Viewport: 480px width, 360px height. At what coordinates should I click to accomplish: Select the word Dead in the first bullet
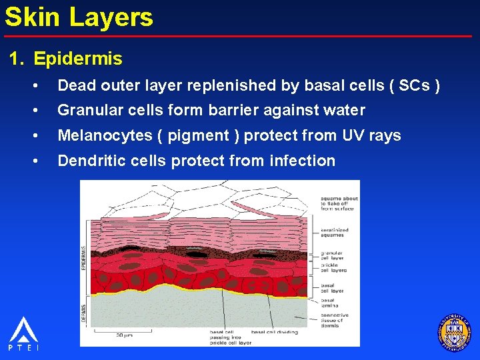click(x=78, y=85)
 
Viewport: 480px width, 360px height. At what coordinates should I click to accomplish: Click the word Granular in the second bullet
click(x=88, y=110)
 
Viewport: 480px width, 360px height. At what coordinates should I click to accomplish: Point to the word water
click(x=341, y=110)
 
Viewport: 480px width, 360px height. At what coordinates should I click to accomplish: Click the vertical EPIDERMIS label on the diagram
click(x=84, y=257)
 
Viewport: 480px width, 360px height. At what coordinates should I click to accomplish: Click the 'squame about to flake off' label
click(x=339, y=203)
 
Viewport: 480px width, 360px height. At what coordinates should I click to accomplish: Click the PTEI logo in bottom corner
click(x=23, y=334)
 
